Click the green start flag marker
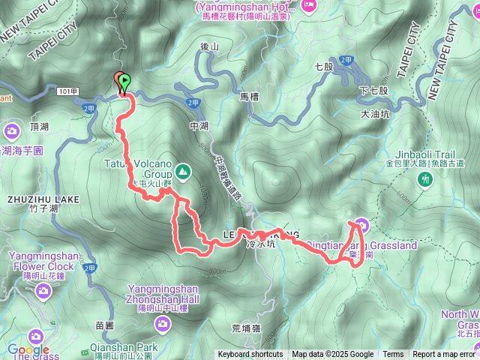pyautogui.click(x=124, y=82)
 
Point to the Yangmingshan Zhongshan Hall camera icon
pyautogui.click(x=162, y=322)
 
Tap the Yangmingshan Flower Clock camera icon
pyautogui.click(x=42, y=290)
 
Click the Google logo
pyautogui.click(x=28, y=349)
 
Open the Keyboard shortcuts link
pyautogui.click(x=250, y=355)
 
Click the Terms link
pyautogui.click(x=393, y=355)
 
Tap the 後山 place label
pyautogui.click(x=210, y=46)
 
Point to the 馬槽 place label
pyautogui.click(x=249, y=97)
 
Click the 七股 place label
pyautogui.click(x=324, y=67)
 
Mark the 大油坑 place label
pyautogui.click(x=376, y=115)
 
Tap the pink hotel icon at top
pyautogui.click(x=308, y=6)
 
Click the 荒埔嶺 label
pyautogui.click(x=246, y=328)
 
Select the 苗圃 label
pyautogui.click(x=104, y=325)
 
